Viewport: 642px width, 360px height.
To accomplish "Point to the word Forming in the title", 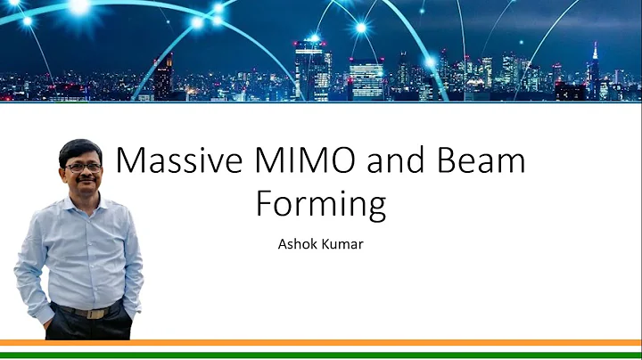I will (x=321, y=203).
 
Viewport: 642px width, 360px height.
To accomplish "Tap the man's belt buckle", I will (x=90, y=312).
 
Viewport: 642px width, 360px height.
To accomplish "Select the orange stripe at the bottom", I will (x=321, y=341).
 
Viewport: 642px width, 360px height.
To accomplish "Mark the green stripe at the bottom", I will (x=321, y=356).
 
